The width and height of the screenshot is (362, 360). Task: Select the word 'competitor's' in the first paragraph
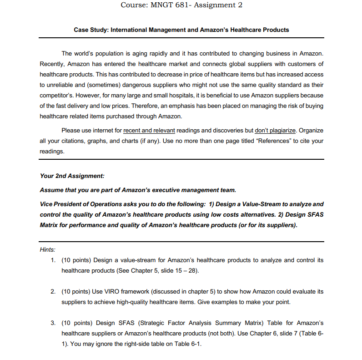coord(57,96)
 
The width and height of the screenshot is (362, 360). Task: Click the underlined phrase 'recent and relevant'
coord(149,131)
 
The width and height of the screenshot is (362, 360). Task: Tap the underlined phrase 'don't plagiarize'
coord(277,131)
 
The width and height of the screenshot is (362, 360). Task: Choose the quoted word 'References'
coord(273,141)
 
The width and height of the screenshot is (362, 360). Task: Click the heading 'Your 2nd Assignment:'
coord(72,176)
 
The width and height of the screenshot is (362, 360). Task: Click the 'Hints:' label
coord(48,249)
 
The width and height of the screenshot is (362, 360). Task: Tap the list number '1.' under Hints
coord(53,260)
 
